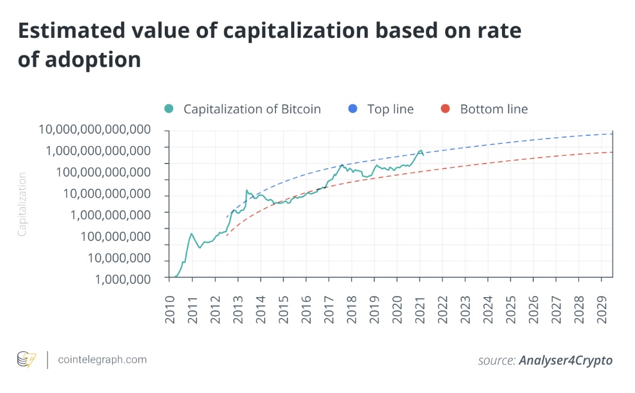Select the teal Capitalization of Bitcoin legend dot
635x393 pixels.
(169, 109)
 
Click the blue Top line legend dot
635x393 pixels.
(352, 109)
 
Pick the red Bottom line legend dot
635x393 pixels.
(444, 109)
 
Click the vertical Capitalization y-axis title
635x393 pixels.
(22, 204)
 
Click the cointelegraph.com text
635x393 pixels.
(102, 359)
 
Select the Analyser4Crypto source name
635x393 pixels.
(566, 360)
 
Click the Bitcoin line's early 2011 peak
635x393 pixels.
(191, 234)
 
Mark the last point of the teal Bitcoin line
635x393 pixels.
(424, 155)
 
